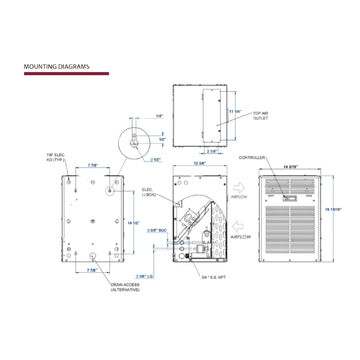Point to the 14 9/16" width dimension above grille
[x=293, y=167]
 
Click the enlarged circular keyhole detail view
[x=127, y=141]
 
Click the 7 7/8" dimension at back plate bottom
[x=91, y=270]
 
